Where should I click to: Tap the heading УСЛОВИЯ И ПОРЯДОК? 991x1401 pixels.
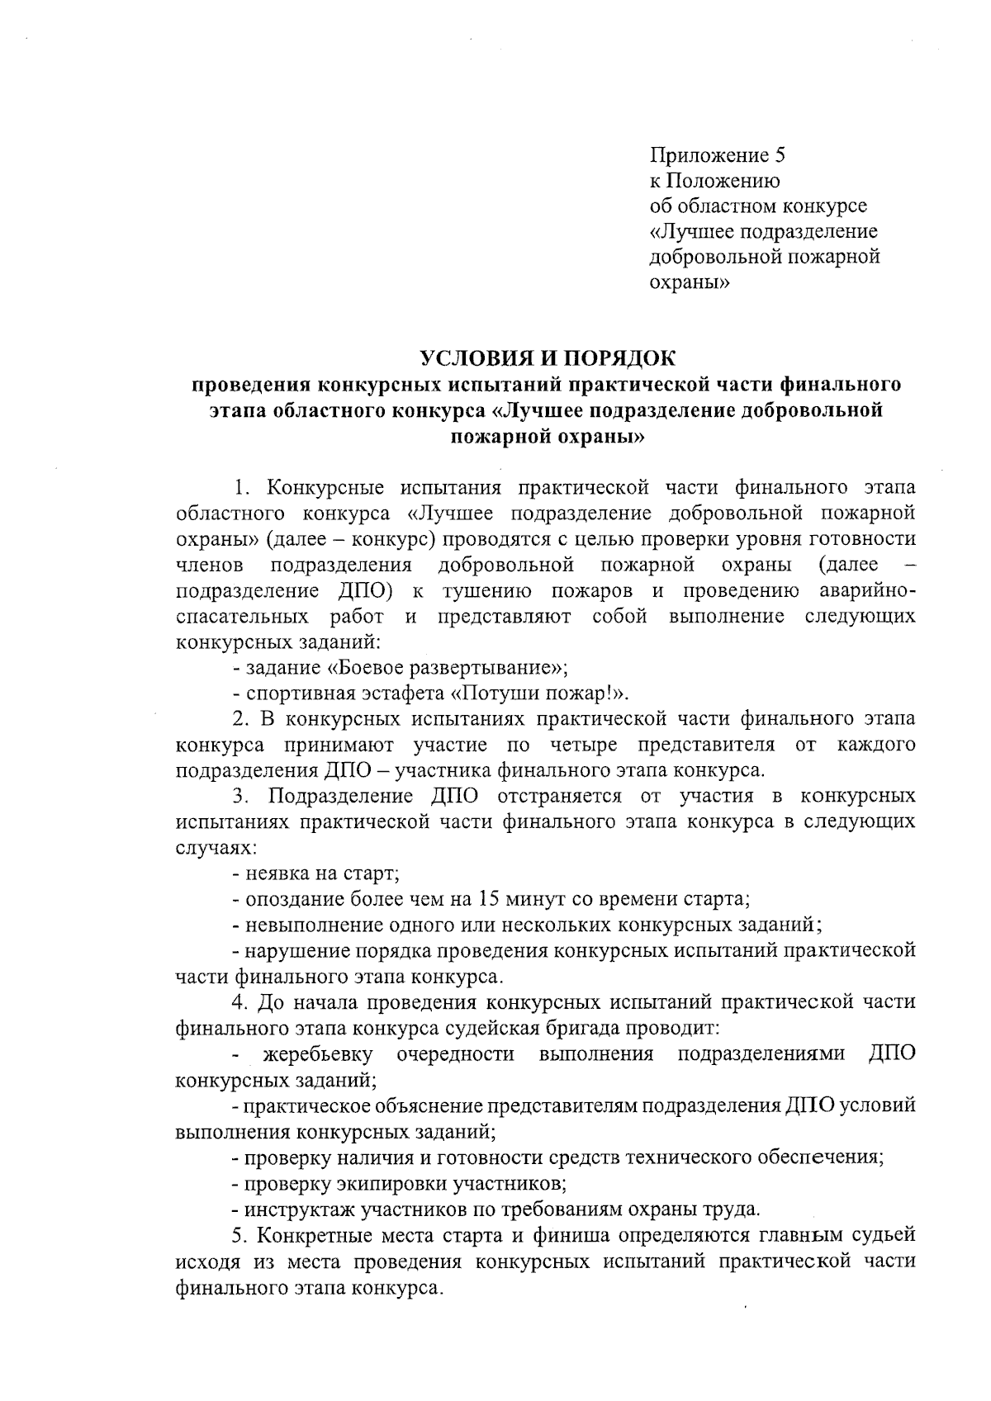547,358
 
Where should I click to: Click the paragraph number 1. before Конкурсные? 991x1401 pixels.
243,487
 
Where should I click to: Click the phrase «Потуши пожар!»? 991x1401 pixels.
538,693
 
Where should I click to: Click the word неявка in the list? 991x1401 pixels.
276,873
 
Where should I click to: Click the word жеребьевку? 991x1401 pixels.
319,1054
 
